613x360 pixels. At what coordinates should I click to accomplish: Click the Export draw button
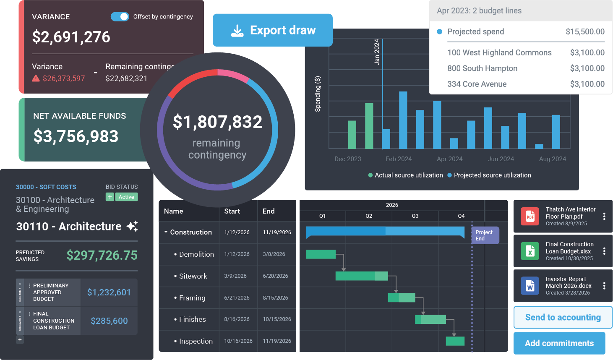(x=273, y=30)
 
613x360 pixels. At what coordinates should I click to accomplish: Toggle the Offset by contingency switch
(x=120, y=16)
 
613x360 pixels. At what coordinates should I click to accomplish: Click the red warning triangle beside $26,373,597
(x=36, y=78)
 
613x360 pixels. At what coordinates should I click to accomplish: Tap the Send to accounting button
(x=563, y=318)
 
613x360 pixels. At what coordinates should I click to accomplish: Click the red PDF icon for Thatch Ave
(x=530, y=217)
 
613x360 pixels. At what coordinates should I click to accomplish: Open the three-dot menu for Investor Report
(x=604, y=286)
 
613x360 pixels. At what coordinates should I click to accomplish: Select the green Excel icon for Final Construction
(x=530, y=251)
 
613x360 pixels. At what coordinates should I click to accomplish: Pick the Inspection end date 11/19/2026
(x=277, y=341)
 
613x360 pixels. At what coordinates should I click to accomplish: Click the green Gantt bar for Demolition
(x=321, y=254)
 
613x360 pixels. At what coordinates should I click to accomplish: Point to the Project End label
(x=484, y=235)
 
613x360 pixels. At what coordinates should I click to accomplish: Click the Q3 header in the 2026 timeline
(x=415, y=216)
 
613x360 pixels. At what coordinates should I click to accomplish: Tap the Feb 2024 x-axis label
(x=399, y=159)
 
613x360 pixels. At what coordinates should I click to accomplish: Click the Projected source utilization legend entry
(x=489, y=175)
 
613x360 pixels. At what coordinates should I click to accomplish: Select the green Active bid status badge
(x=126, y=197)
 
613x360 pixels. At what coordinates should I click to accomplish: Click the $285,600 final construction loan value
(x=109, y=321)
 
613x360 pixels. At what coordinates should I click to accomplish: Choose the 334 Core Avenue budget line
(x=477, y=84)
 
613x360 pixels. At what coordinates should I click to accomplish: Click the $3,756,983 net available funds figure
(x=76, y=136)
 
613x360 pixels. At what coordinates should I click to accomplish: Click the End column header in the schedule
(x=269, y=211)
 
